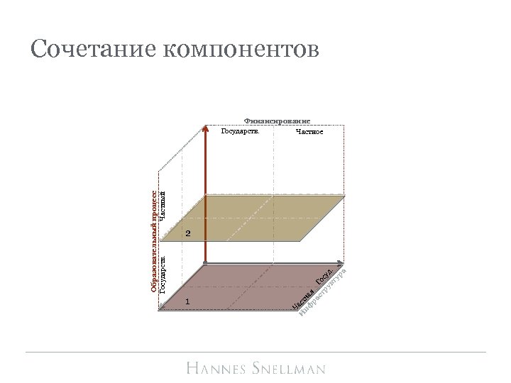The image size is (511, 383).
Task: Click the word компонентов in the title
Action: pos(241,50)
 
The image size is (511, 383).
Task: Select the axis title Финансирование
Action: pos(278,121)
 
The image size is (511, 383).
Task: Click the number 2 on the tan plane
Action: pos(188,233)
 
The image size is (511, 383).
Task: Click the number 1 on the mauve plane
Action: pos(187,302)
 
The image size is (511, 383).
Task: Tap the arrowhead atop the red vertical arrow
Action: pos(206,128)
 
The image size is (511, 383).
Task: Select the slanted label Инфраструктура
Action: pos(323,291)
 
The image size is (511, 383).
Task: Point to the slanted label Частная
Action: pos(304,299)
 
